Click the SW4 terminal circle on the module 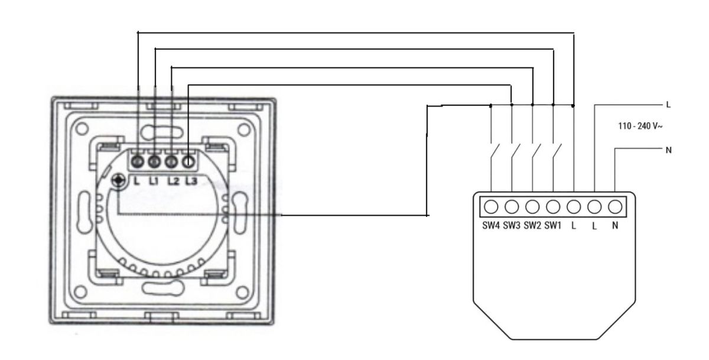pos(491,207)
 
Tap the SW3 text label pos(512,225)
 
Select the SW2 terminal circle pos(532,207)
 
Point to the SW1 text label pos(552,225)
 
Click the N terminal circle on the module pos(615,207)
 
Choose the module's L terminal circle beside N pos(594,207)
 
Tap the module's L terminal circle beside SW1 pos(574,207)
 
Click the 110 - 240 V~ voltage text pos(640,126)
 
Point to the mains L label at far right pos(668,105)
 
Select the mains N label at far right pos(668,150)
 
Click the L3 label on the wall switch pos(191,181)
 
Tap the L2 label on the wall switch pos(174,181)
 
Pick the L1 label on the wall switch pos(154,181)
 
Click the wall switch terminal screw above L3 pos(188,162)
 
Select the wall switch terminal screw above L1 pos(154,162)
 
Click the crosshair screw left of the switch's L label pos(119,180)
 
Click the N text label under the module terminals pos(615,225)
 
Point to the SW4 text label pos(491,225)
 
